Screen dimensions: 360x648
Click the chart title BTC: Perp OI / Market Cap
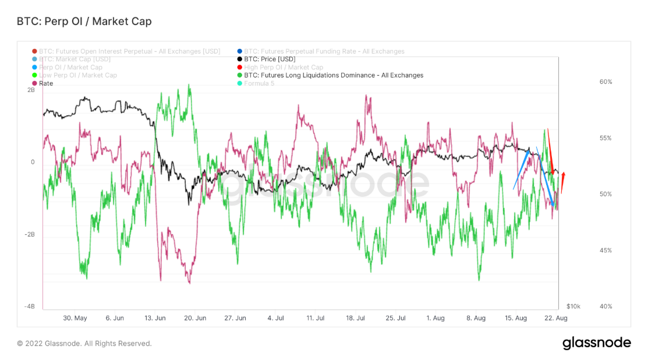pyautogui.click(x=85, y=22)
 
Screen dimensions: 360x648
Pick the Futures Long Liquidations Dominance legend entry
pyautogui.click(x=333, y=75)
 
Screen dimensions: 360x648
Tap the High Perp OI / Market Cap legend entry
pyautogui.click(x=283, y=68)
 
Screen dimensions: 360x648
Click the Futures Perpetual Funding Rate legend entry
pyautogui.click(x=324, y=51)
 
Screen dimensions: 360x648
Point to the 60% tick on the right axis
pyautogui.click(x=605, y=82)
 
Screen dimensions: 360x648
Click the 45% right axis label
pyautogui.click(x=605, y=250)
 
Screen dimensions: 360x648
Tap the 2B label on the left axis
pyautogui.click(x=31, y=90)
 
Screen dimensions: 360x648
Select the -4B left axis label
pyautogui.click(x=30, y=306)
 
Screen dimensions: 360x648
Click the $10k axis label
pyautogui.click(x=573, y=306)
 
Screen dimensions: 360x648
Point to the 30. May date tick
pyautogui.click(x=75, y=318)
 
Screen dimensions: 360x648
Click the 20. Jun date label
pyautogui.click(x=194, y=318)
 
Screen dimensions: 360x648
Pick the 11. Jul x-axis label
pyautogui.click(x=315, y=318)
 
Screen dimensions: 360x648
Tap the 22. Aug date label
pyautogui.click(x=555, y=318)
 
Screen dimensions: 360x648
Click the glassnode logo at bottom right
pyautogui.click(x=596, y=343)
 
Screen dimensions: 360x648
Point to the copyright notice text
pyautogui.click(x=84, y=344)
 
